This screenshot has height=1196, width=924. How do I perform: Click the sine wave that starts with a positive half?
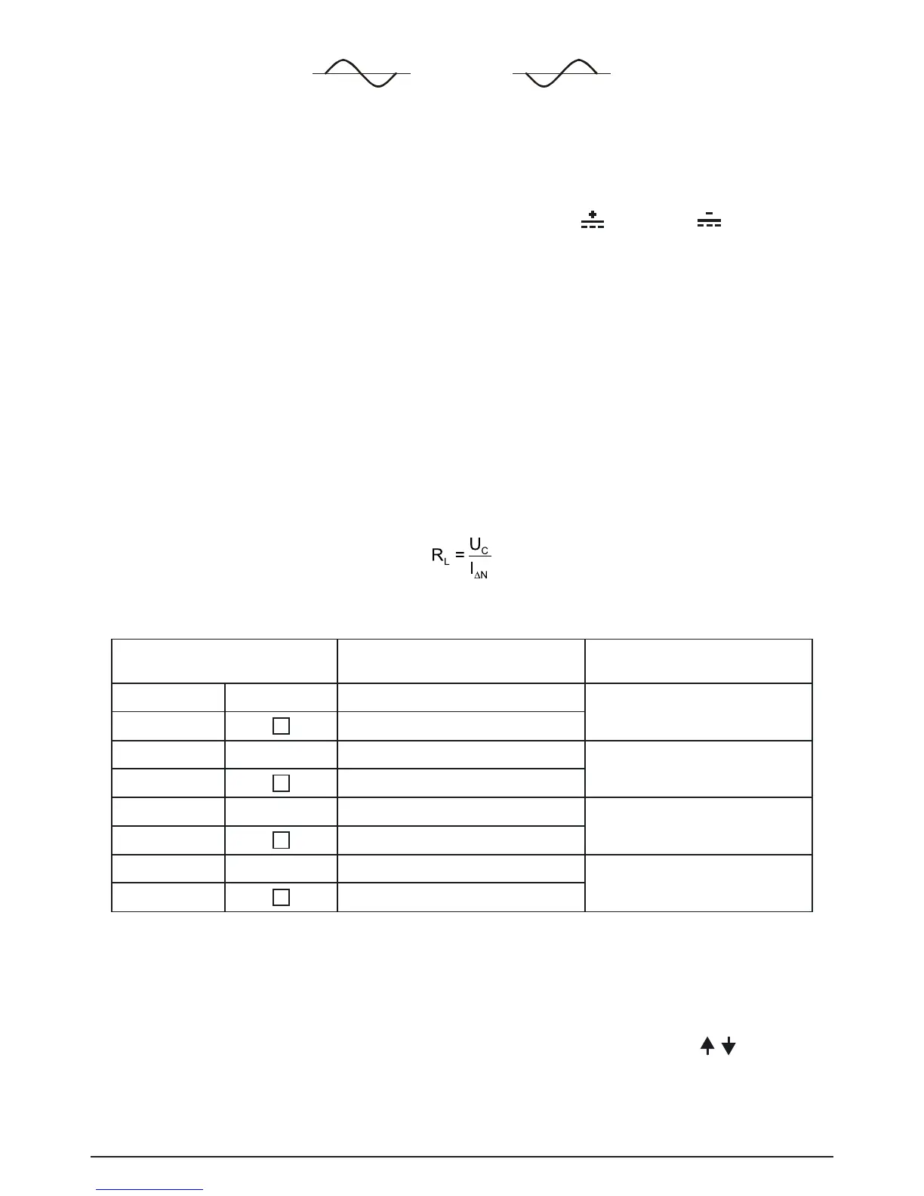(361, 73)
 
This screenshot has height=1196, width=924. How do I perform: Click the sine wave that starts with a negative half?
(561, 73)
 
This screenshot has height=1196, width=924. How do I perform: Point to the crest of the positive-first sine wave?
(342, 60)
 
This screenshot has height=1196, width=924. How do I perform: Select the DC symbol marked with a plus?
(593, 220)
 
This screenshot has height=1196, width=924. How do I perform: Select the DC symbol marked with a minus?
(709, 220)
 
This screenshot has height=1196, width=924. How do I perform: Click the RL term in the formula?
(439, 556)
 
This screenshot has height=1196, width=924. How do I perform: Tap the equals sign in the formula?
(460, 556)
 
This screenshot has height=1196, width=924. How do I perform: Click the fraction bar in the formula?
(479, 557)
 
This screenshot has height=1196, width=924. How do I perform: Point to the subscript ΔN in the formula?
(482, 575)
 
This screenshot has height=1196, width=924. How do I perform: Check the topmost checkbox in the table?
(281, 726)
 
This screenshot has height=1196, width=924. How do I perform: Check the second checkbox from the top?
(281, 783)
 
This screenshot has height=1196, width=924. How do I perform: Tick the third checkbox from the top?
(281, 840)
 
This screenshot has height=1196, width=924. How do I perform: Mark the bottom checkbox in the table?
(281, 897)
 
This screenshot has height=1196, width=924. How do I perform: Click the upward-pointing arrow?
(707, 1046)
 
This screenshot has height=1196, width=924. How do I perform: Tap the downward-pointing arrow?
(728, 1046)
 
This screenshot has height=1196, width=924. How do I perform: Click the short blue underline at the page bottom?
(150, 1190)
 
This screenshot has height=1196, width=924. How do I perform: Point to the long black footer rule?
(462, 1157)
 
